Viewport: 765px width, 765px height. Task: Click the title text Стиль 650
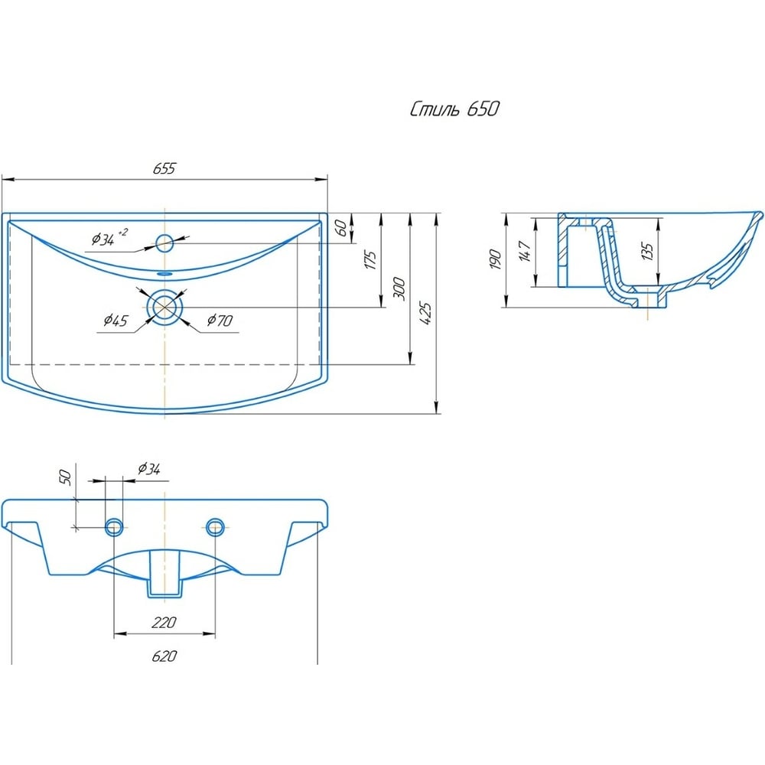(x=454, y=109)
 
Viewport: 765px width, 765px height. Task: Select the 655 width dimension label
(x=164, y=168)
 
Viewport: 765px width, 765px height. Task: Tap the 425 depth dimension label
(x=425, y=314)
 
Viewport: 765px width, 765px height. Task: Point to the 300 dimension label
(x=399, y=288)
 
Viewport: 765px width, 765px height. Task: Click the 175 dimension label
(x=370, y=260)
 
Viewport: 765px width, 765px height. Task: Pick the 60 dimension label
(x=342, y=228)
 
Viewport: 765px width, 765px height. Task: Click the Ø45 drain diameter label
(x=116, y=321)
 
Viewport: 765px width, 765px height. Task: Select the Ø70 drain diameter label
(x=220, y=321)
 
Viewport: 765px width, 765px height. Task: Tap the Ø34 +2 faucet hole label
(x=109, y=238)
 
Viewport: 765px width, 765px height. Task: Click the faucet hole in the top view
(x=165, y=243)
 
